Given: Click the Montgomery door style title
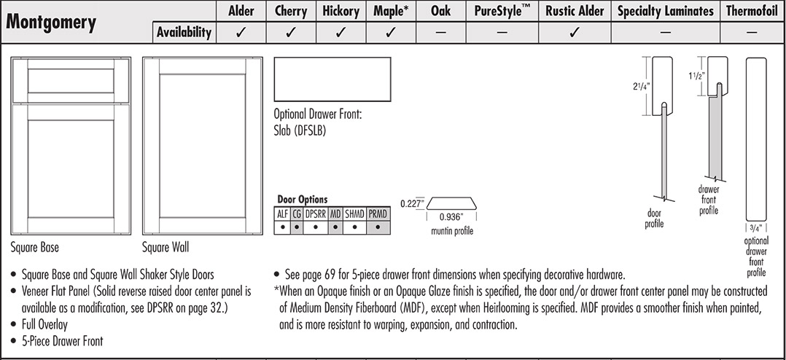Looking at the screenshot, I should point(51,23).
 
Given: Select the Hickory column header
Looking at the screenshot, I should point(341,11).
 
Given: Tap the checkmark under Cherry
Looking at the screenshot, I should point(290,32).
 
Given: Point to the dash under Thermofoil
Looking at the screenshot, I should point(752,32).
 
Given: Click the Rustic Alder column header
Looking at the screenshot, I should point(575,11).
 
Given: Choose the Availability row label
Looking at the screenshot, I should point(184,32).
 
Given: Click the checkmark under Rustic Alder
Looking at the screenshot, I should point(575,32).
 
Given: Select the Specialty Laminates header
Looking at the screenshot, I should point(665,11).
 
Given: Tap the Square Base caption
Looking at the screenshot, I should point(35,248).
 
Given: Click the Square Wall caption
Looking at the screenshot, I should point(166,248).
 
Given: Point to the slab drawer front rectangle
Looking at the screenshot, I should point(332,79).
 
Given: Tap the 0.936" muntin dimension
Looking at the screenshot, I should point(451,217).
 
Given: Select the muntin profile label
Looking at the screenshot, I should point(451,232).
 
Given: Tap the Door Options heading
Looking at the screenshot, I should point(302,199).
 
